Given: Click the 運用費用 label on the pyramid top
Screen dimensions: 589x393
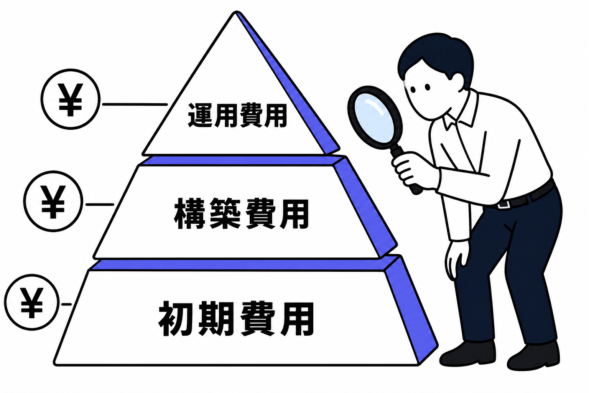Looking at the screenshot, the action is pyautogui.click(x=237, y=116).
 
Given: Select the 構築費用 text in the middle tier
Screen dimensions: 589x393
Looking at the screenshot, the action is pyautogui.click(x=241, y=213).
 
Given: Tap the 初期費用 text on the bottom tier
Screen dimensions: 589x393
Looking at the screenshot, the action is pyautogui.click(x=236, y=318).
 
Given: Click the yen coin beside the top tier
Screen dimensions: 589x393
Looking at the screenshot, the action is pyautogui.click(x=71, y=99).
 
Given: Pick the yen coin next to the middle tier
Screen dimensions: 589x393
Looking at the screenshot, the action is pyautogui.click(x=53, y=201).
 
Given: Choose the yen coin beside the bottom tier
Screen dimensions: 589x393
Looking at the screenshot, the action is pyautogui.click(x=31, y=302).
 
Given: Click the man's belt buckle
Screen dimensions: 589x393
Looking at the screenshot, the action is pyautogui.click(x=503, y=205).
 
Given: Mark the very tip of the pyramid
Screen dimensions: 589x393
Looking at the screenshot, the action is pyautogui.click(x=237, y=12).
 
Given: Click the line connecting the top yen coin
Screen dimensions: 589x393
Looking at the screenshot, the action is pyautogui.click(x=135, y=104).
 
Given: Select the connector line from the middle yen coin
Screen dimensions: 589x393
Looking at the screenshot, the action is pyautogui.click(x=100, y=204).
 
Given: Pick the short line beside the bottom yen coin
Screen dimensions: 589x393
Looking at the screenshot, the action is pyautogui.click(x=66, y=304).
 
